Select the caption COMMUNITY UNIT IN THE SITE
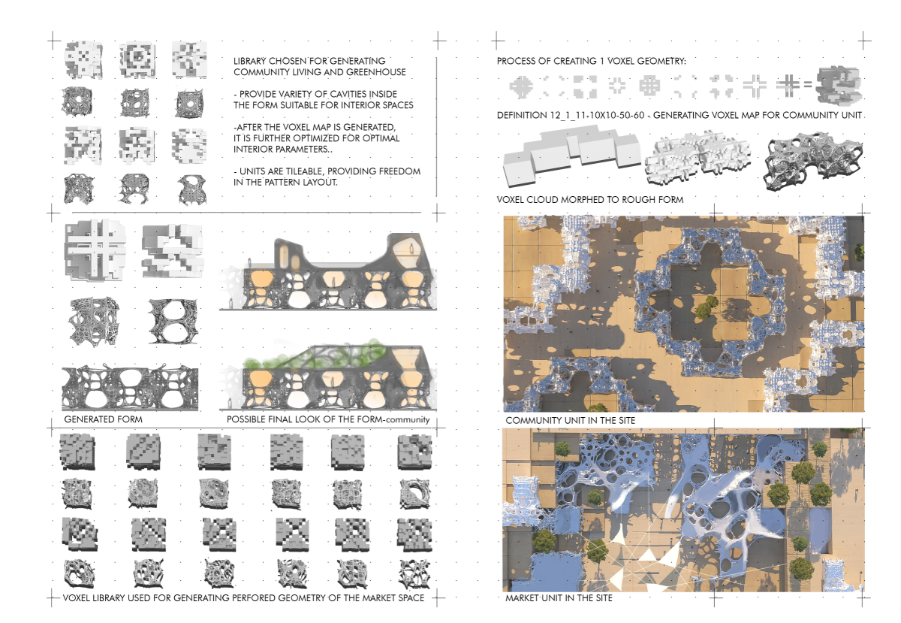(570, 420)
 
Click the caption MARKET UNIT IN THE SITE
(559, 598)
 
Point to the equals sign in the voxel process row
(807, 85)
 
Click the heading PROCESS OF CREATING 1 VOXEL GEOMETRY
(591, 60)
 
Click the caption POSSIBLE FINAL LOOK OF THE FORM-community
(328, 419)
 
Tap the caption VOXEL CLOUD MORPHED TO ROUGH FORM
(590, 200)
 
